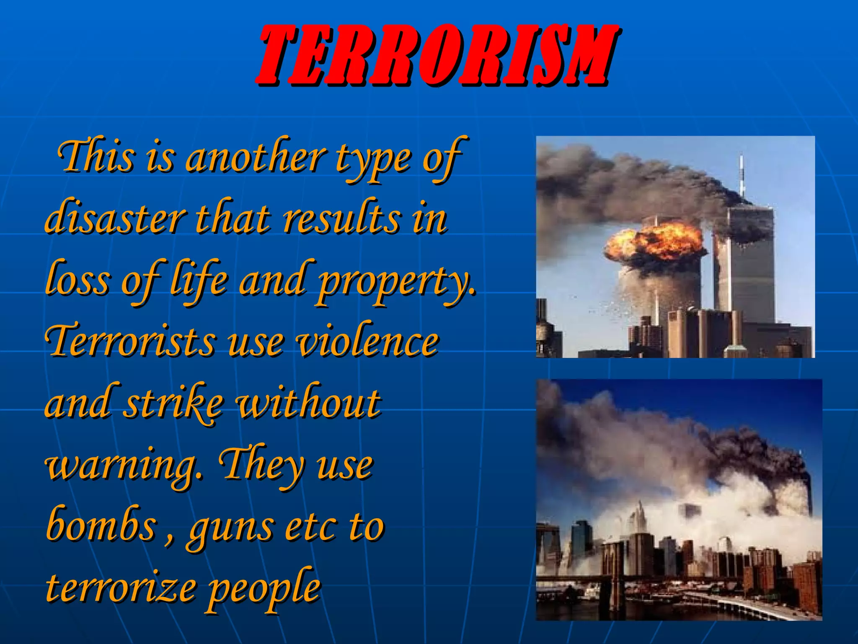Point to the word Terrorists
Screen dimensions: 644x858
pos(130,342)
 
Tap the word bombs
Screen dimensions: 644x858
pos(101,526)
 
